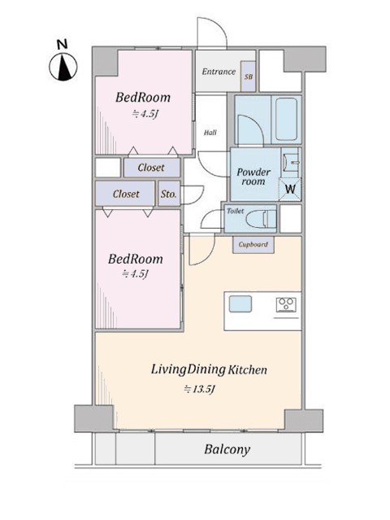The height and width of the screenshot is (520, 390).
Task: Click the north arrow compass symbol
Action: [63, 67]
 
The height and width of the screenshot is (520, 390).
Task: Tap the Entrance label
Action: [219, 72]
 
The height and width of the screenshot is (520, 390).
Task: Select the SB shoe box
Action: [248, 76]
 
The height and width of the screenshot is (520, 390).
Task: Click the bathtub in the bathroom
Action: [286, 119]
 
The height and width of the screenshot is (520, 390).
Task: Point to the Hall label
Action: [210, 133]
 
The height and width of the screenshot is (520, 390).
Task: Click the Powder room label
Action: [253, 177]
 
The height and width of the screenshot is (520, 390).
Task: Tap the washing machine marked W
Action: [290, 189]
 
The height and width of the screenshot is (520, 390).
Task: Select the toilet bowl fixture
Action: [262, 219]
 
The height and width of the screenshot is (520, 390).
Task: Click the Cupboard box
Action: [253, 245]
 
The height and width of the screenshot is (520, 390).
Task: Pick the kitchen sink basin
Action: [240, 304]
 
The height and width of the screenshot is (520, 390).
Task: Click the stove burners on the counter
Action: [286, 304]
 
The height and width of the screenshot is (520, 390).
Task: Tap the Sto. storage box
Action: [169, 194]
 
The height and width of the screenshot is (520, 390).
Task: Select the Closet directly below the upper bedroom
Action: [152, 168]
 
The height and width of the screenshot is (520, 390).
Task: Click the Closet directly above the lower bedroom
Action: [125, 194]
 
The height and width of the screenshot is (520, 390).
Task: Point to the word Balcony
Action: [227, 450]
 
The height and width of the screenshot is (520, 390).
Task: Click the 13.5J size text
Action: [200, 389]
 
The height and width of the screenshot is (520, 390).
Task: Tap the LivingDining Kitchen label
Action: [209, 369]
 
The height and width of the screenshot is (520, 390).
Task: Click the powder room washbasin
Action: [291, 163]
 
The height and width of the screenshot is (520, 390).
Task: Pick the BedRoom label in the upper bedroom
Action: [143, 98]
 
